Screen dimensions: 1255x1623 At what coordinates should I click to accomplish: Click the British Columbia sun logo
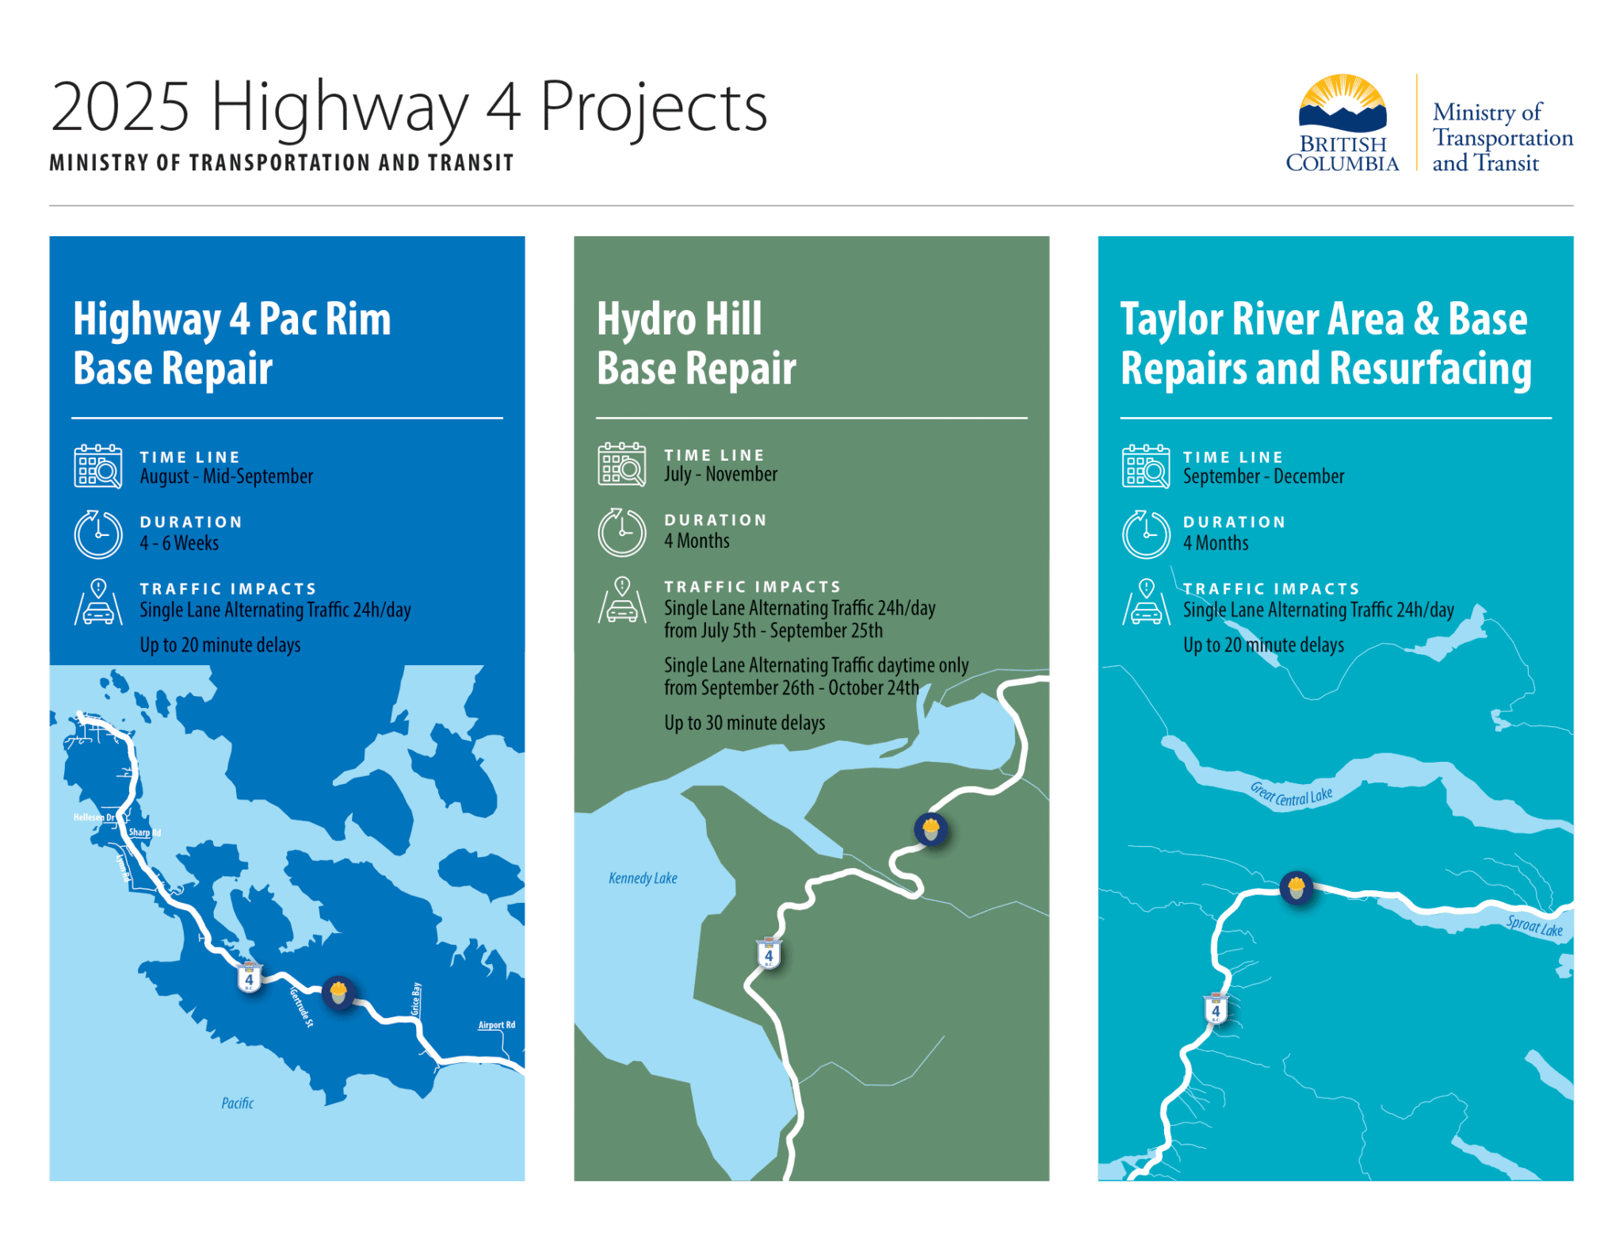[x=1342, y=104]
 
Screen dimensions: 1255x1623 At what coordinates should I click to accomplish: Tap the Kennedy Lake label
[x=643, y=878]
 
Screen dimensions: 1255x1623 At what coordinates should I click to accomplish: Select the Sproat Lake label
[x=1534, y=926]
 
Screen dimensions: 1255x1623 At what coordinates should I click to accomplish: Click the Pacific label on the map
[x=238, y=1104]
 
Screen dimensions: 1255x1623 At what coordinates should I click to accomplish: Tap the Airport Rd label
[x=497, y=1025]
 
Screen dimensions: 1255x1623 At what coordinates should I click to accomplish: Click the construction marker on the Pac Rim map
[x=338, y=991]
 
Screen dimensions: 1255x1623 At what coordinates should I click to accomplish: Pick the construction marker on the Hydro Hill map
[x=930, y=829]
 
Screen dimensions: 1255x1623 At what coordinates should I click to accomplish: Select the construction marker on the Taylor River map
[x=1296, y=887]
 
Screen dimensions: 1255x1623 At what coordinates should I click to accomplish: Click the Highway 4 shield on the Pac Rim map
[x=249, y=978]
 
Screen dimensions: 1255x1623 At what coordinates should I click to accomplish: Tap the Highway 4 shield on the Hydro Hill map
[x=769, y=954]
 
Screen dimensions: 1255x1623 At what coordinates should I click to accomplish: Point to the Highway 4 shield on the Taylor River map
[x=1216, y=1010]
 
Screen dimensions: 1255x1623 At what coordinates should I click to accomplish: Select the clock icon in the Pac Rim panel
[x=98, y=534]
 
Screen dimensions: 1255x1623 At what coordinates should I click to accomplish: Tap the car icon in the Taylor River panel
[x=1146, y=604]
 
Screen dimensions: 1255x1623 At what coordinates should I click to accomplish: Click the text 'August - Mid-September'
[x=227, y=476]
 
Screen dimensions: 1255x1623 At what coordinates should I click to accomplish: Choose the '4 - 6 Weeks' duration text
[x=179, y=543]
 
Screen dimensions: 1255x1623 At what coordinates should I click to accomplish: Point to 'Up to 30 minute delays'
[x=744, y=723]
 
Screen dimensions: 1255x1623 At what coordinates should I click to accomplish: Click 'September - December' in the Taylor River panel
[x=1263, y=476]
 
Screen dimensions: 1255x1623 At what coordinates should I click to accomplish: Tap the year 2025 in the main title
[x=120, y=106]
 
